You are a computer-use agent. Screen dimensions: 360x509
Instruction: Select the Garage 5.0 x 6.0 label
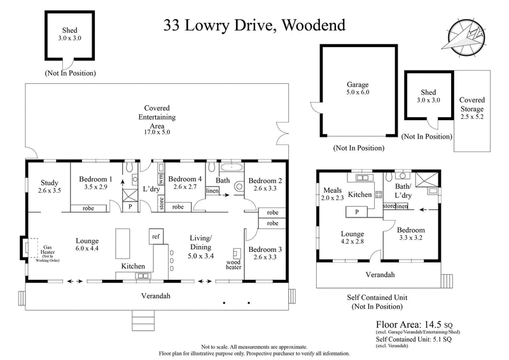click(x=357, y=88)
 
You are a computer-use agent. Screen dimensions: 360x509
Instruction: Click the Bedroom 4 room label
click(x=185, y=183)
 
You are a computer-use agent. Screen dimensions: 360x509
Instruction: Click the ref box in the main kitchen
click(x=155, y=235)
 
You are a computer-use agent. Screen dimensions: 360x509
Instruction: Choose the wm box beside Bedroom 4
click(x=162, y=179)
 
